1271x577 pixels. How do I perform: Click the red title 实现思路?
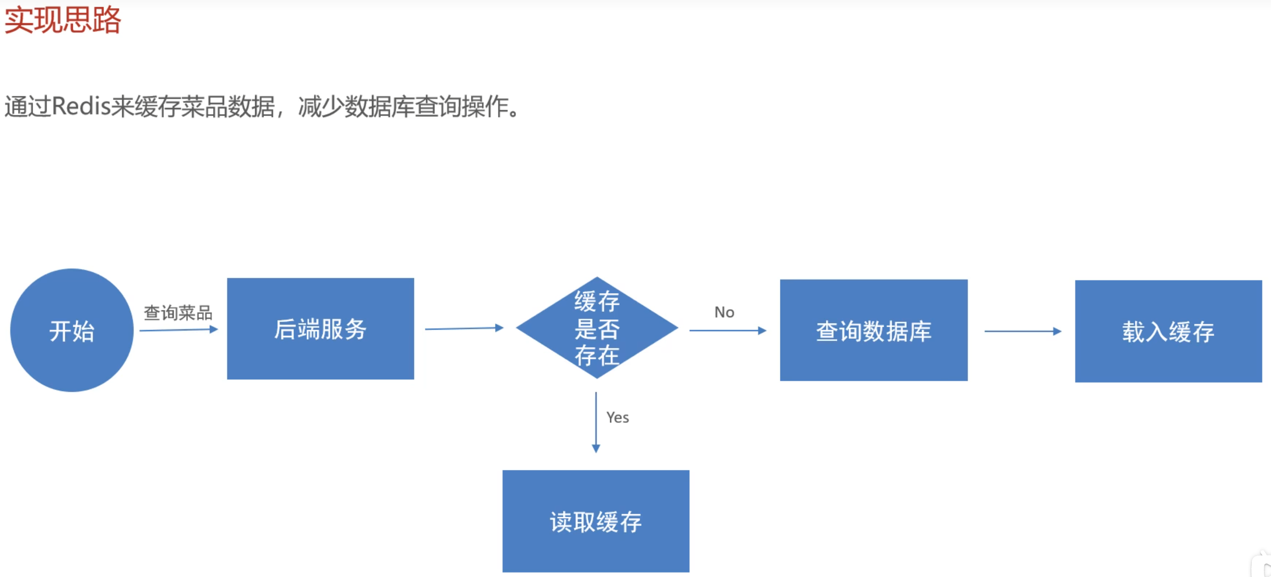tap(62, 21)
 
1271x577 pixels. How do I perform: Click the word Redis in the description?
tap(81, 106)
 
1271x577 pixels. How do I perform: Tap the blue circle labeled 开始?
tap(72, 330)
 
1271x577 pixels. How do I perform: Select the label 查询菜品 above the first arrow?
tap(178, 313)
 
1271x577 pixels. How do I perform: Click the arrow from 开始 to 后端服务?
tap(179, 330)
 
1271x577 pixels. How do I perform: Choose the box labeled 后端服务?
tap(320, 329)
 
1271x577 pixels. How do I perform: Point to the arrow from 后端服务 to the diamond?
tap(464, 328)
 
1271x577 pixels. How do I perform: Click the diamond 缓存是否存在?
tap(597, 328)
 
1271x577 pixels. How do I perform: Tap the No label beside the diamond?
tap(724, 312)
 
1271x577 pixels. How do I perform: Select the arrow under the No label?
tap(728, 330)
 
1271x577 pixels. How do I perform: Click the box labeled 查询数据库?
tap(874, 330)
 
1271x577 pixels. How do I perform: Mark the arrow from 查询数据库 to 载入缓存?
tap(1022, 331)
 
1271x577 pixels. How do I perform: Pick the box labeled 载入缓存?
tap(1168, 332)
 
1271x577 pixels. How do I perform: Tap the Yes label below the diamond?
tap(617, 418)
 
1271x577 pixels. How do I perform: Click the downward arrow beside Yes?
tap(596, 422)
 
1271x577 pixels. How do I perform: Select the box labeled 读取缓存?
tap(596, 521)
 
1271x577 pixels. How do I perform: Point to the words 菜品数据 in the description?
tap(227, 106)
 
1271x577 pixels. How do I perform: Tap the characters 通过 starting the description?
tap(27, 106)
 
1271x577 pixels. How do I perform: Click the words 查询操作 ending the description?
tap(460, 106)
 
